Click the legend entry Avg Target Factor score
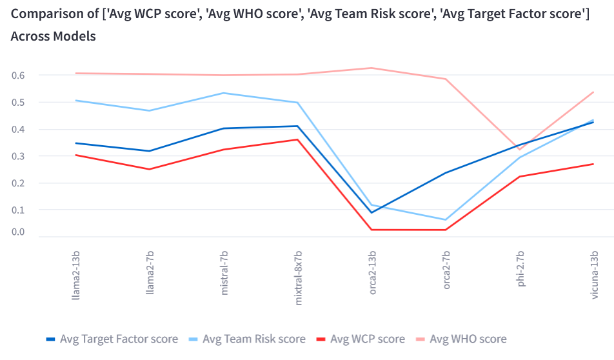(118, 339)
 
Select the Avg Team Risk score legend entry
(253, 339)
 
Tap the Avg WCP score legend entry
(367, 339)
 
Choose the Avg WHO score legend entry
(468, 339)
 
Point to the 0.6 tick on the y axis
(18, 75)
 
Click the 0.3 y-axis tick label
(18, 156)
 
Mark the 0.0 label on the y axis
(18, 232)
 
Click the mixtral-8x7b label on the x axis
(299, 274)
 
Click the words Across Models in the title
(54, 36)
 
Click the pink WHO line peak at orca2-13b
(372, 68)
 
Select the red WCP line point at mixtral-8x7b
(298, 139)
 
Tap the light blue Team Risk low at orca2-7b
(446, 219)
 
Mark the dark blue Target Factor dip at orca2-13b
(372, 212)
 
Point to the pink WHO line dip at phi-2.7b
(520, 150)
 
